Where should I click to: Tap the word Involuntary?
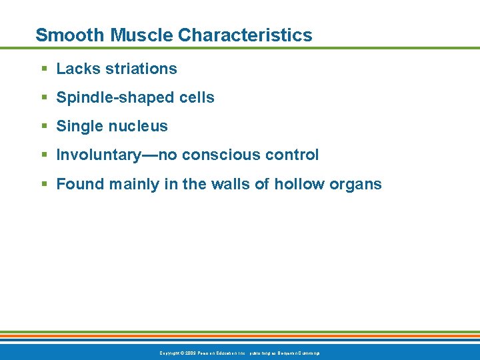click(98, 155)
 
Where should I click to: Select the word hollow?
click(299, 184)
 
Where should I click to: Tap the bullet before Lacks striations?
click(43, 69)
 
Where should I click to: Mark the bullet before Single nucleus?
click(43, 127)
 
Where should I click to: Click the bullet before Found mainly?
click(43, 184)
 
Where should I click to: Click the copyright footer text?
click(240, 352)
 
